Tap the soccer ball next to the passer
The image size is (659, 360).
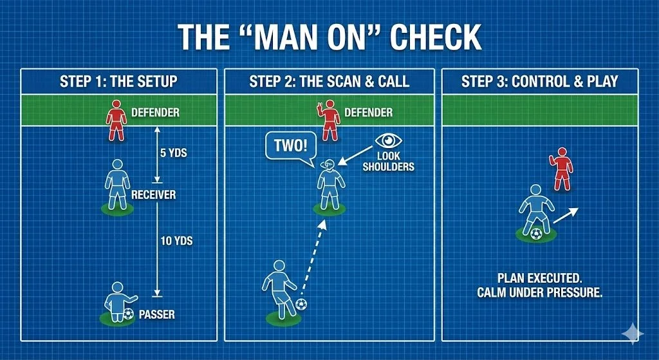click(x=128, y=314)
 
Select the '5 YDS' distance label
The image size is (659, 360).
click(x=172, y=154)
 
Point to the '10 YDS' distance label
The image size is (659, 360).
click(x=176, y=241)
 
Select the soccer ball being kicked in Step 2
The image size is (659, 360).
click(x=301, y=304)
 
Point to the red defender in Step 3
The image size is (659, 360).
click(x=561, y=169)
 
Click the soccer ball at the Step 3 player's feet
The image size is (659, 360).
click(x=536, y=233)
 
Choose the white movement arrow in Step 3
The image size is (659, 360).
click(x=565, y=215)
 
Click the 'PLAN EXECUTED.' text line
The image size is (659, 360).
click(x=539, y=278)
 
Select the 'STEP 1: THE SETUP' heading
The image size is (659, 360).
click(x=118, y=82)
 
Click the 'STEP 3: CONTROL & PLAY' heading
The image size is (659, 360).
click(x=539, y=82)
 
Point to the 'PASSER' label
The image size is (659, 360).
click(x=157, y=315)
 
